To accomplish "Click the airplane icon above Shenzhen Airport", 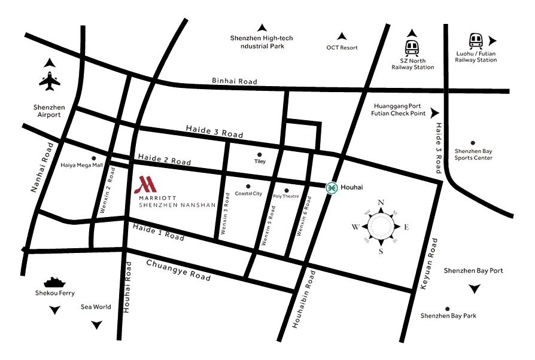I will [x=49, y=81].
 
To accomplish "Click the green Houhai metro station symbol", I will [x=331, y=188].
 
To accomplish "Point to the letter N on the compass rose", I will [x=381, y=202].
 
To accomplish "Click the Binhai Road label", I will [x=235, y=81].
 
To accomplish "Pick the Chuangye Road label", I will [x=178, y=270].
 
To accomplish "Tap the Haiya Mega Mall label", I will [x=82, y=165].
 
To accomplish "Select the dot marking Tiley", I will [x=259, y=154].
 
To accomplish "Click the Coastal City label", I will [x=248, y=194].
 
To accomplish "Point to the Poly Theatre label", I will [x=285, y=196].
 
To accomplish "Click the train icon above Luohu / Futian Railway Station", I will [x=476, y=41].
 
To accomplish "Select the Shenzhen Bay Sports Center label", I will [x=473, y=154].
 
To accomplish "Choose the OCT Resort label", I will [x=342, y=48].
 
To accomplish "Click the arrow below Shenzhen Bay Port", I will [x=475, y=289].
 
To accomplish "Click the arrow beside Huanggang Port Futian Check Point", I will [x=435, y=112].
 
